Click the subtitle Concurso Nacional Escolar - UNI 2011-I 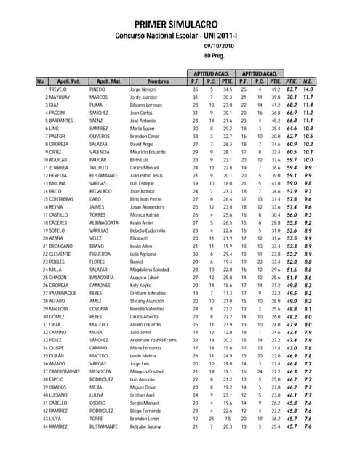click(x=180, y=35)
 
